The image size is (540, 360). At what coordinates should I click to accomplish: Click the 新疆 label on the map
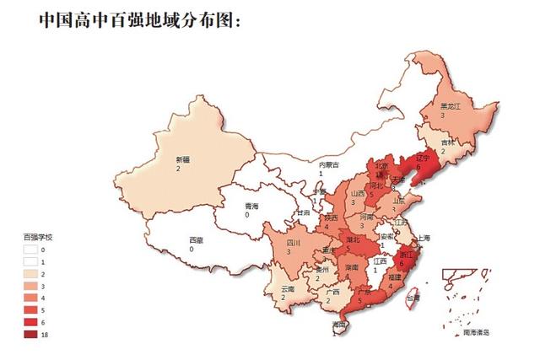coord(183,159)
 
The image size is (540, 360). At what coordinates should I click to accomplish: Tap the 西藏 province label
coord(195,239)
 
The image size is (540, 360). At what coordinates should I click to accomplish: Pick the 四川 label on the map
coord(294,242)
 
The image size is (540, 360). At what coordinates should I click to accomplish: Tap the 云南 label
coord(288,289)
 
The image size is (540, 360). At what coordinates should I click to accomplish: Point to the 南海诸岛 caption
coord(481,334)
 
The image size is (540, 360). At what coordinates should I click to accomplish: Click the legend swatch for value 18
coord(30,336)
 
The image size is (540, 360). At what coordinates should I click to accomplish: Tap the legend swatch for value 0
coord(30,250)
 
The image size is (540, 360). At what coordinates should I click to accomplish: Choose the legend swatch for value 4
coord(30,298)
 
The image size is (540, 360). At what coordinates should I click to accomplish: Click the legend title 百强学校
coord(37,237)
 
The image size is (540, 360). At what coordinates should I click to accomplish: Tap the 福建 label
coord(394,277)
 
